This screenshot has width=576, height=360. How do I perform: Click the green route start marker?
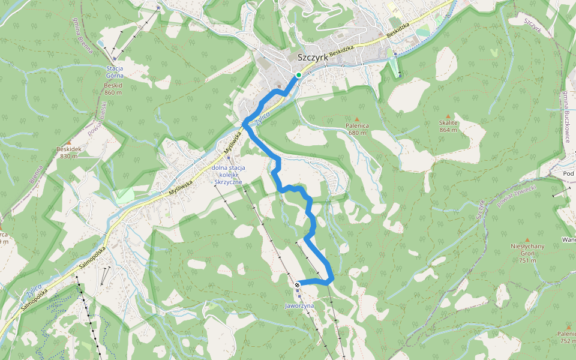tap(298, 75)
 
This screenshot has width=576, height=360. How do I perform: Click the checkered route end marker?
tap(297, 284)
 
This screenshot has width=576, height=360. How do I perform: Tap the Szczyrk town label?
tap(312, 58)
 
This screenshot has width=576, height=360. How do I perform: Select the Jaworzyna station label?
tap(299, 305)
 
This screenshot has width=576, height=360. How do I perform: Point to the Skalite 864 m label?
tap(448, 125)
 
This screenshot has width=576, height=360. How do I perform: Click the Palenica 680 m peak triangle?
tap(356, 119)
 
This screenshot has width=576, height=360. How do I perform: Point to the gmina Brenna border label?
tap(84, 39)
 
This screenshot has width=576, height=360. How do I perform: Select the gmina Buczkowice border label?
tap(566, 117)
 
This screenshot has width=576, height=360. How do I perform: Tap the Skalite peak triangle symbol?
tap(448, 115)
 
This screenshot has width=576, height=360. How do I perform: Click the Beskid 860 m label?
tap(113, 89)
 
